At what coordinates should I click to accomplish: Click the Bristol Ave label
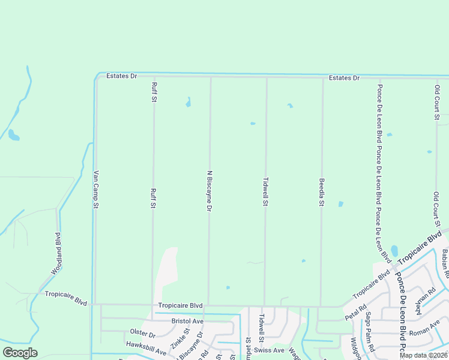(188, 321)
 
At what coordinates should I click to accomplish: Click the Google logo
(20, 353)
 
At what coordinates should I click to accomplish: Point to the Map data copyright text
(423, 355)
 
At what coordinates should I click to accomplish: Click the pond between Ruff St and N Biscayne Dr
(188, 102)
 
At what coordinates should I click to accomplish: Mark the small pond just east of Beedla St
(341, 204)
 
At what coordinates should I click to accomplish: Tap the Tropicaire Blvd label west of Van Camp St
(66, 295)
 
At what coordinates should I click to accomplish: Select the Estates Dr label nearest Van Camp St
(122, 76)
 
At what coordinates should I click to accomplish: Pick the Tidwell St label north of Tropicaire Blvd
(265, 191)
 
